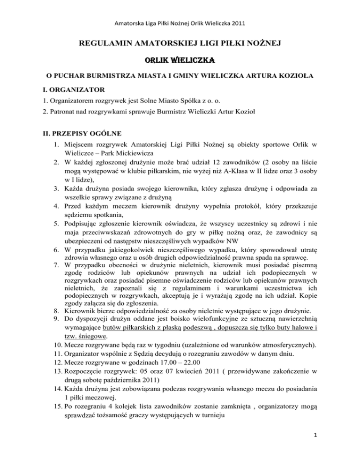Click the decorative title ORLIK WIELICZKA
coord(180,60)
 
